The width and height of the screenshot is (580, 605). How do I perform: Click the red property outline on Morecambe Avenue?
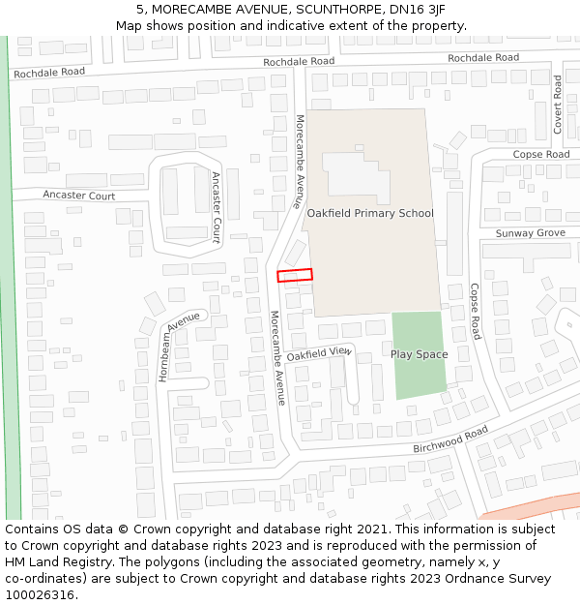[x=295, y=275]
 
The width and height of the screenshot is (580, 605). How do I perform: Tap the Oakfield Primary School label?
[x=370, y=213]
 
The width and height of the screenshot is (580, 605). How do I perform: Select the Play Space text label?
[x=419, y=354]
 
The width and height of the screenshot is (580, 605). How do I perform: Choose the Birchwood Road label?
[x=450, y=439]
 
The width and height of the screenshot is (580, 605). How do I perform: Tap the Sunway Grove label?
[x=530, y=233]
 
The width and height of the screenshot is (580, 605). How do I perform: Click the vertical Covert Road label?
[x=558, y=105]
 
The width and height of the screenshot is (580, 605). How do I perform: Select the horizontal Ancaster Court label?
[x=78, y=196]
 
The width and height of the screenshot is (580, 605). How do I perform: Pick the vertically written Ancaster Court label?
[x=216, y=207]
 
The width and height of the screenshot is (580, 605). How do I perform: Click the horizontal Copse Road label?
[x=541, y=155]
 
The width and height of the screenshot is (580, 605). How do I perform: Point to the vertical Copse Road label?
[x=475, y=311]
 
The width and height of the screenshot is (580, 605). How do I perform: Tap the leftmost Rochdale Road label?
[x=48, y=73]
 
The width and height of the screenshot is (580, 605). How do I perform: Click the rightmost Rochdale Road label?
[x=482, y=58]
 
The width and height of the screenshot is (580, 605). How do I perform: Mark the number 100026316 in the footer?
[x=40, y=594]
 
